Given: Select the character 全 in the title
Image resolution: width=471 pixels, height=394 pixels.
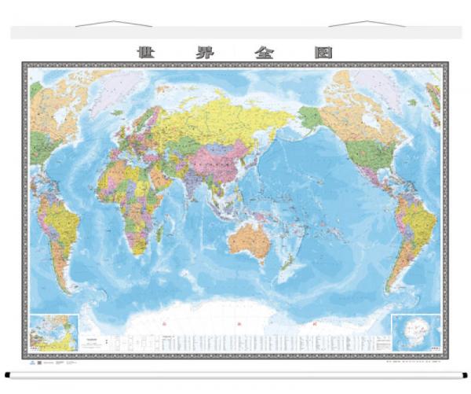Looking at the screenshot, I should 263,53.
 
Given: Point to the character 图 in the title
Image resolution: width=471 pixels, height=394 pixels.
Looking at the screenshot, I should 323,53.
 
